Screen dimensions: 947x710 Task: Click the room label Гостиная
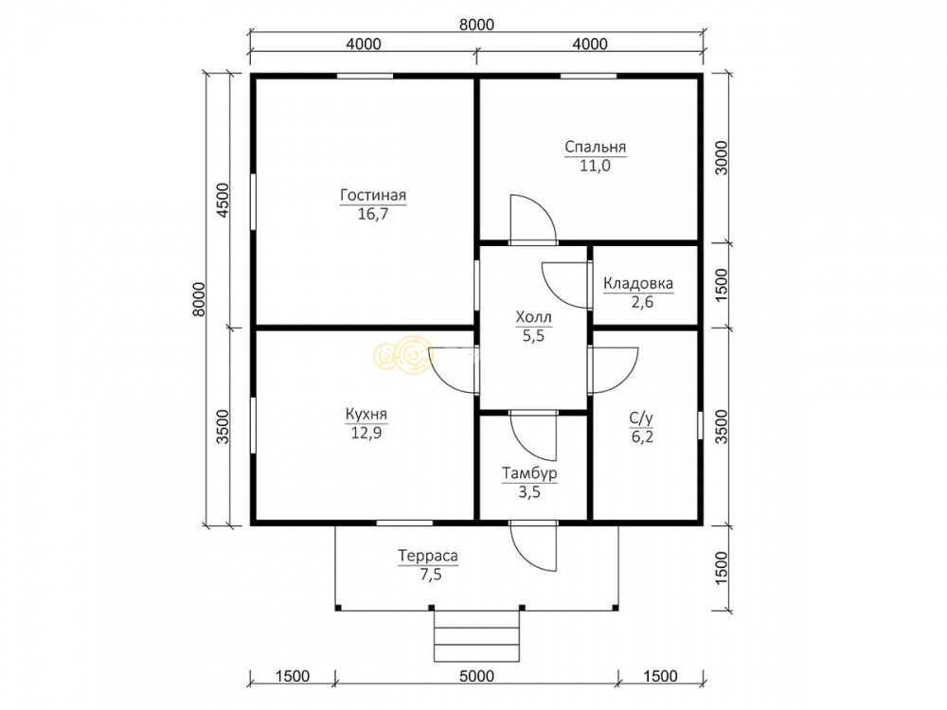click(373, 196)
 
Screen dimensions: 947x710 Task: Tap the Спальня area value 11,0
click(595, 166)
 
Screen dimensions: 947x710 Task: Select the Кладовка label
click(638, 283)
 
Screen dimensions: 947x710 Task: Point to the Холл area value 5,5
click(533, 336)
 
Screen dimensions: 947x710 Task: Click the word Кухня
click(366, 415)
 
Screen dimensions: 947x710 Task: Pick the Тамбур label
click(529, 474)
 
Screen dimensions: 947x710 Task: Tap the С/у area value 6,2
click(642, 436)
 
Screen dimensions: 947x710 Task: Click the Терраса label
click(428, 556)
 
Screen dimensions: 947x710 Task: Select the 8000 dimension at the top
click(476, 25)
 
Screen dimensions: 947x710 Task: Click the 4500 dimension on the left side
click(223, 200)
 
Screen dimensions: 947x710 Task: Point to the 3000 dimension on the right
click(722, 157)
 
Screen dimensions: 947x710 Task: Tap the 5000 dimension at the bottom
click(476, 676)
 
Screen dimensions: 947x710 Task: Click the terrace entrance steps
click(476, 635)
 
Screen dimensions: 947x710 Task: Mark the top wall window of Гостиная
click(365, 76)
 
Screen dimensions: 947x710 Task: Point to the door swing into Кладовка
click(565, 285)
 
